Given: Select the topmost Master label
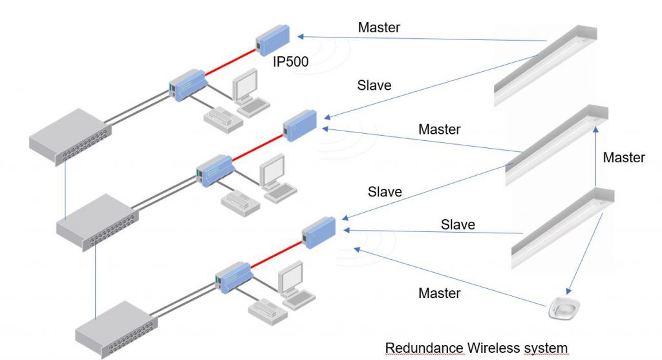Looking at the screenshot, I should [379, 28].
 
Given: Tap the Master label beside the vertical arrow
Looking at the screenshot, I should [623, 157].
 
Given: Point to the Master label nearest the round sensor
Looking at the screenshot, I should [439, 293].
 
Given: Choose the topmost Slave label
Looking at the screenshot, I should [374, 85].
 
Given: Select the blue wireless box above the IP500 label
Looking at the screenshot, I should [272, 38].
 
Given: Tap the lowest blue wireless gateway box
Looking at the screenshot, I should [319, 230].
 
